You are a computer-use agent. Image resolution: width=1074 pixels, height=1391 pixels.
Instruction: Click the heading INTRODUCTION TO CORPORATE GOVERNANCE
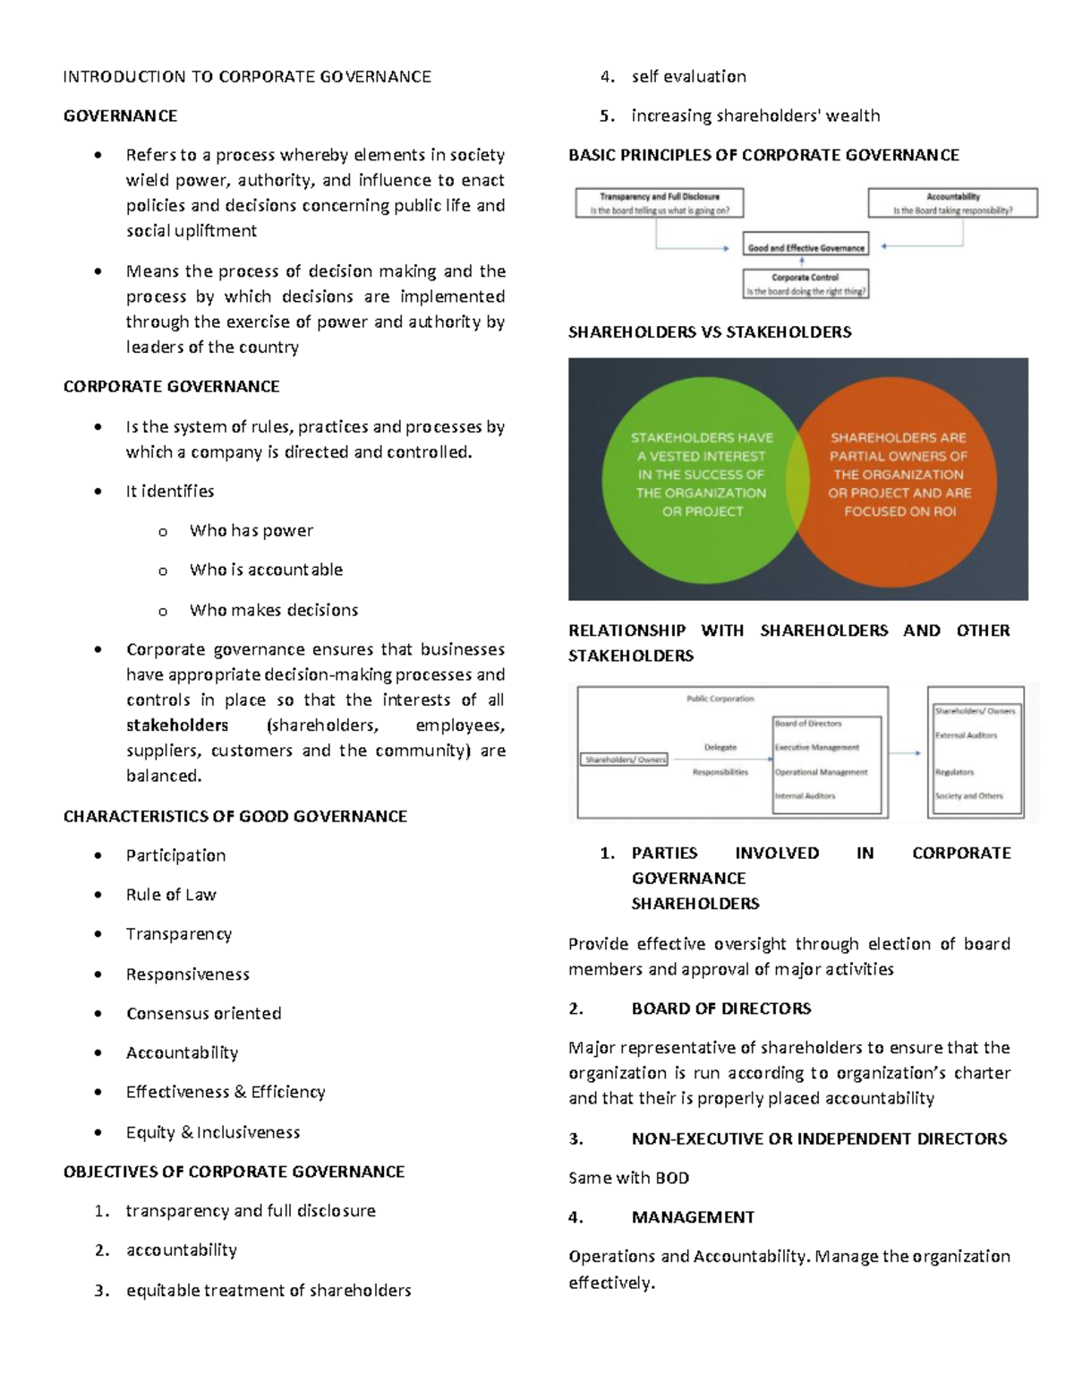click(247, 77)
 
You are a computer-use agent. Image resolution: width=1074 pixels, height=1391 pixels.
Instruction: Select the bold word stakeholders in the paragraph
click(177, 726)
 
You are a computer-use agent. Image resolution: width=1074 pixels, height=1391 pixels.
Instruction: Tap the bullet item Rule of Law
click(171, 895)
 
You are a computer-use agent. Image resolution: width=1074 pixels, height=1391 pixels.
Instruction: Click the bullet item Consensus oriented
click(203, 1014)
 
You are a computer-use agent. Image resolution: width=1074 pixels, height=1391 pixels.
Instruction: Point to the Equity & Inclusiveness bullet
click(212, 1132)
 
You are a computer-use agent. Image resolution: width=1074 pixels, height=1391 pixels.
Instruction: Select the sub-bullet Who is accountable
click(266, 570)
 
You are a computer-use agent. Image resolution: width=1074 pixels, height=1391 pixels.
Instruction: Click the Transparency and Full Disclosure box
click(660, 203)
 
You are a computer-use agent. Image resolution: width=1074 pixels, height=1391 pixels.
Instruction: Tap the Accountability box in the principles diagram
click(952, 203)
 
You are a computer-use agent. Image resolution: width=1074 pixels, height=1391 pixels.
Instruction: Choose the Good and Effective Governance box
click(805, 246)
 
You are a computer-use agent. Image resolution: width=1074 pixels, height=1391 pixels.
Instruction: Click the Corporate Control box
click(805, 284)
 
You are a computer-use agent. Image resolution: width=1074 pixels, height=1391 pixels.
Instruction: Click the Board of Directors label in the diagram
click(808, 723)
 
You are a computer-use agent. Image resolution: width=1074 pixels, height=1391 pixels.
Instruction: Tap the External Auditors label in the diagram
click(966, 735)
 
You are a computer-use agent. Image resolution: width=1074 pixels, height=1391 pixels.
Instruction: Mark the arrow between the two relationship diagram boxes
click(906, 753)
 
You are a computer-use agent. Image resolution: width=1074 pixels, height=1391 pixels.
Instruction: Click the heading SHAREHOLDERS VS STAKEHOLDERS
click(710, 332)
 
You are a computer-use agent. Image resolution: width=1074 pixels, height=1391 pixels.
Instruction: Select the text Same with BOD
click(628, 1178)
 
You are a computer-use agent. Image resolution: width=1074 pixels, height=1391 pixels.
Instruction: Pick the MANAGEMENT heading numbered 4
click(693, 1217)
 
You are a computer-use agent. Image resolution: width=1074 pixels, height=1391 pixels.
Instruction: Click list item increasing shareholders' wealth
click(755, 116)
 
